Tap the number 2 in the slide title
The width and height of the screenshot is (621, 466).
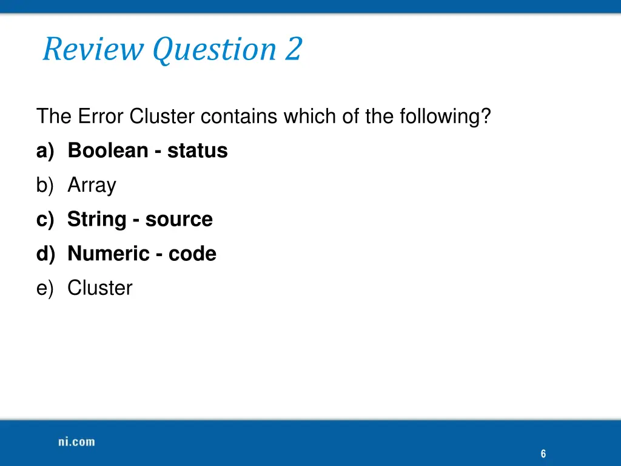click(294, 50)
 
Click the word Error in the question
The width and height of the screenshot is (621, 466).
click(101, 116)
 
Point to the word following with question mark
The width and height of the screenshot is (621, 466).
click(445, 116)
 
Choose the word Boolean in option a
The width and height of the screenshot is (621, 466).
click(108, 150)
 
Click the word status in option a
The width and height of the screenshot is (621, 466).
click(197, 150)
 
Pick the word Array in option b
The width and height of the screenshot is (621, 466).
click(92, 186)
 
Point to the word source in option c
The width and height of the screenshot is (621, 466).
click(179, 220)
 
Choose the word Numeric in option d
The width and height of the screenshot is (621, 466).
click(108, 254)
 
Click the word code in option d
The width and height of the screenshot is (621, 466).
click(192, 254)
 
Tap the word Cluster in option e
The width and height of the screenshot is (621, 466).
click(99, 288)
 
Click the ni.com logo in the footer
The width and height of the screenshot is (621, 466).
click(76, 442)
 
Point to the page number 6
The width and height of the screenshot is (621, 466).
click(543, 454)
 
